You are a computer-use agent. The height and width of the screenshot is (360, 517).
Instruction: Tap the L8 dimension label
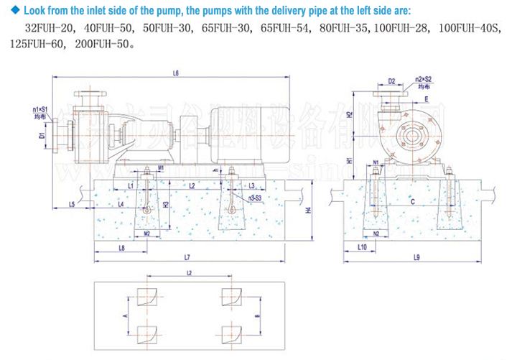point(121,248)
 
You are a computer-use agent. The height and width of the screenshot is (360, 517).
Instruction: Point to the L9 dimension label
point(417,257)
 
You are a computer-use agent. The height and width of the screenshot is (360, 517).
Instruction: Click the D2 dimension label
point(391,81)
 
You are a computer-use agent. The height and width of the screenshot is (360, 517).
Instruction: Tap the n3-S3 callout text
point(253,196)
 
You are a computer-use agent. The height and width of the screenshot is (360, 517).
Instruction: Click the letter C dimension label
point(411,203)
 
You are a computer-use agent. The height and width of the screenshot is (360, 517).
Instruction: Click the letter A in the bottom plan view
point(124,315)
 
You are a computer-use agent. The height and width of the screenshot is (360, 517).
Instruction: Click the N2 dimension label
point(376,234)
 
